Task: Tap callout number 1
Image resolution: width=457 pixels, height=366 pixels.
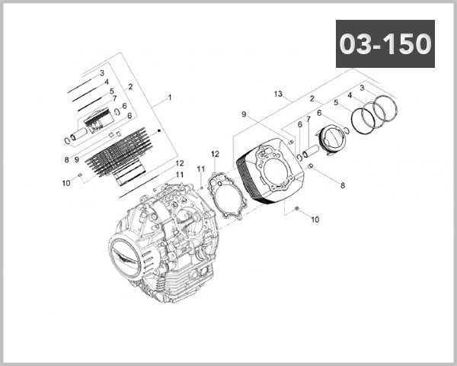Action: coord(169,98)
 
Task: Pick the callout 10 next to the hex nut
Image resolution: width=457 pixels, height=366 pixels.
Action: coord(315,220)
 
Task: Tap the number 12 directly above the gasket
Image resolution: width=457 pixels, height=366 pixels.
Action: coord(215,154)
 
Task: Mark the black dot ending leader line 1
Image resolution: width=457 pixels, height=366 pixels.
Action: coord(158,131)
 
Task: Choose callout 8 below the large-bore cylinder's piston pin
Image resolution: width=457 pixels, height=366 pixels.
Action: coord(343,185)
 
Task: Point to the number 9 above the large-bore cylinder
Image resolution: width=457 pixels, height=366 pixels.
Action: coord(244,114)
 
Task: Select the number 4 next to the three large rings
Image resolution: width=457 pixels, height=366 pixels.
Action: coord(350,95)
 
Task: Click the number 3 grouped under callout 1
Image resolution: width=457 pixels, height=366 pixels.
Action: coord(101,72)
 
